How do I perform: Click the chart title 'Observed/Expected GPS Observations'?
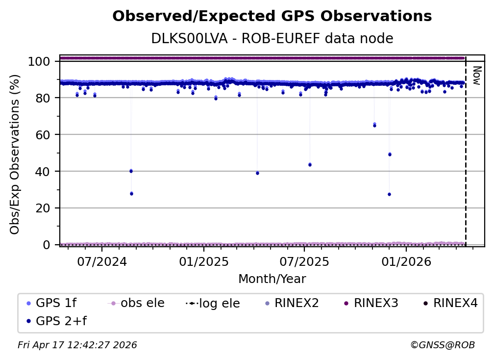point(272,17)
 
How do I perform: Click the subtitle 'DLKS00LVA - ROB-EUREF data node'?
point(272,38)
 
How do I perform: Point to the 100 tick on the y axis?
point(39,61)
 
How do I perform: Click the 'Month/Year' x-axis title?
point(272,279)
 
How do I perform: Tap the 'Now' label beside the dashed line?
point(475,76)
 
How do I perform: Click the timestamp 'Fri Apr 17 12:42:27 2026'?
point(77,345)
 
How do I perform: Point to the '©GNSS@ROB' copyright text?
point(443,345)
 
